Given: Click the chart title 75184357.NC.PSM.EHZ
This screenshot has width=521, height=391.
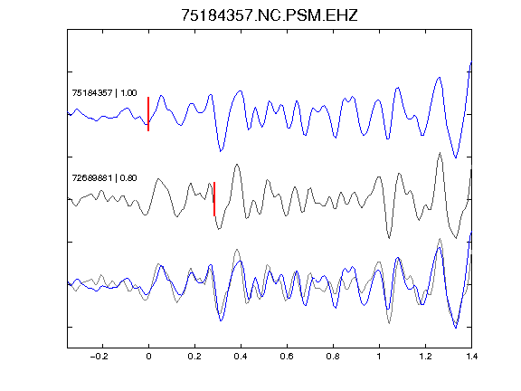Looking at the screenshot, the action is (x=270, y=15).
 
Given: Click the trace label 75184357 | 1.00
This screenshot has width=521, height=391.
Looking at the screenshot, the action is (x=104, y=92).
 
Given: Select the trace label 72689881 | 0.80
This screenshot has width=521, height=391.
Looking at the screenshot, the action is (x=104, y=178).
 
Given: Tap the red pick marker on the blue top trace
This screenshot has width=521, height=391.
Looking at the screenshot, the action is (x=148, y=114).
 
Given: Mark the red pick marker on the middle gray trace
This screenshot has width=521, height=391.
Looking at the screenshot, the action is (x=214, y=199).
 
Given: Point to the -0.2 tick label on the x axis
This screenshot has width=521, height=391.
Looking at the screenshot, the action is (x=99, y=357).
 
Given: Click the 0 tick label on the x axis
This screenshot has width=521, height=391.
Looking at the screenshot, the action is (x=148, y=357).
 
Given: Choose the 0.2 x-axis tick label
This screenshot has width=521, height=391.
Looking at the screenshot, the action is (x=194, y=357).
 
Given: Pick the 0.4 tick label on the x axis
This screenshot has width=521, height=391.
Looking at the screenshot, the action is (x=241, y=357).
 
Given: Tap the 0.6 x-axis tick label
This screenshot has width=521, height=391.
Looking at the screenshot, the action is (x=287, y=357).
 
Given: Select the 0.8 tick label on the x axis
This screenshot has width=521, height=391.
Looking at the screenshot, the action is (x=333, y=357).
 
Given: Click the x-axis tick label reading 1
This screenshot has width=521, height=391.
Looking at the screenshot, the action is (x=379, y=357).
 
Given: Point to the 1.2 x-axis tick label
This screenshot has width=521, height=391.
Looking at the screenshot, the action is (x=425, y=357).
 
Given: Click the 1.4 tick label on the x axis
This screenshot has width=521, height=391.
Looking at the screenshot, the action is (x=471, y=357).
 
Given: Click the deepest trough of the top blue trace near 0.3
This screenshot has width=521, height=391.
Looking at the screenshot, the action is (x=221, y=151).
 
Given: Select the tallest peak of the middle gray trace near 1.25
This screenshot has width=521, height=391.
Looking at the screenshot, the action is (x=440, y=153).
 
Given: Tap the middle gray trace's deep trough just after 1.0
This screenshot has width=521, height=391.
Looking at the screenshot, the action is (x=389, y=238).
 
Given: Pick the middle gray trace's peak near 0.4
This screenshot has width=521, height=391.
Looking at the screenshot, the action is (x=237, y=164).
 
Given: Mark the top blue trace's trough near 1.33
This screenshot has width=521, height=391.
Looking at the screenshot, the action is (x=456, y=157).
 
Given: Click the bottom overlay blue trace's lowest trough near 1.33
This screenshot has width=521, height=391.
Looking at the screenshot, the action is (x=456, y=328).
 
